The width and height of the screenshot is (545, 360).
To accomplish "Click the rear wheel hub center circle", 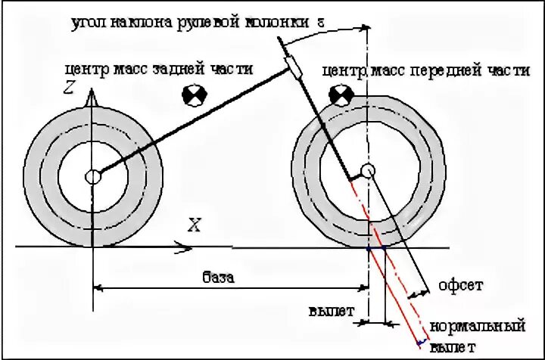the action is pyautogui.click(x=92, y=177).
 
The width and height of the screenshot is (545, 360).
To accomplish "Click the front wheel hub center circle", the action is pyautogui.click(x=368, y=171).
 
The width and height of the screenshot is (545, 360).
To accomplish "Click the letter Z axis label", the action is pyautogui.click(x=69, y=89).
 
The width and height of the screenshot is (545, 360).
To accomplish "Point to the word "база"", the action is pyautogui.click(x=218, y=277).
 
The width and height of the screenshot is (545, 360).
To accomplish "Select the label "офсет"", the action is pyautogui.click(x=460, y=285).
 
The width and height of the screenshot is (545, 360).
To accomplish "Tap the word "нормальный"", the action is pyautogui.click(x=477, y=327).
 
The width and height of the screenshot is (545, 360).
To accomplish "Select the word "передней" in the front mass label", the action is pyautogui.click(x=441, y=71).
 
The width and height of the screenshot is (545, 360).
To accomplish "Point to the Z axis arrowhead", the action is pyautogui.click(x=92, y=98).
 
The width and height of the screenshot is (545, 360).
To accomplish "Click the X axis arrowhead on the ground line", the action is pyautogui.click(x=184, y=245).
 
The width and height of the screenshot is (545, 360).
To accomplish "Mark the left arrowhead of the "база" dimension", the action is pyautogui.click(x=98, y=287).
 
